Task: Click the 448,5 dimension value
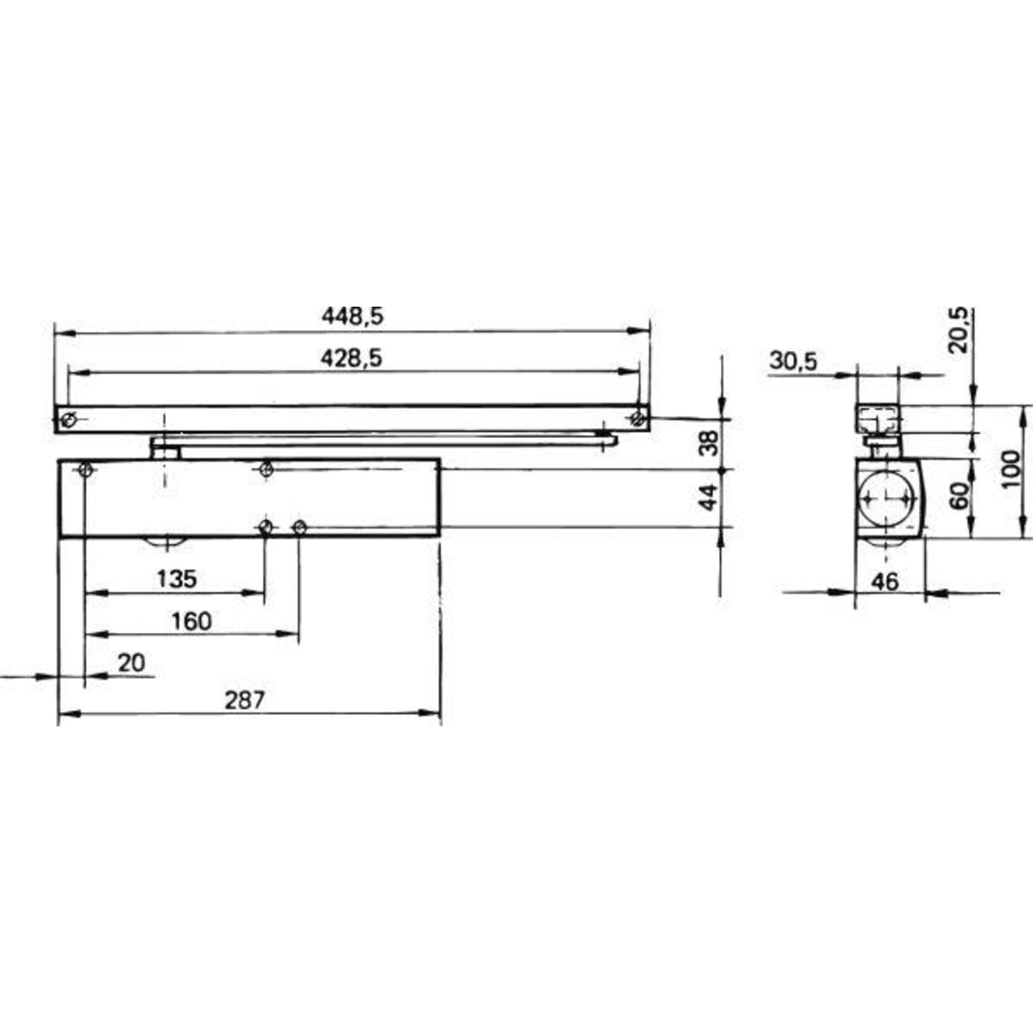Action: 352,316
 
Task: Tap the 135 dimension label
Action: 177,579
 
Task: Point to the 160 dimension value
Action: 192,621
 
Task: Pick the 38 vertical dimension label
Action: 710,443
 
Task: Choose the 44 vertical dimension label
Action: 710,498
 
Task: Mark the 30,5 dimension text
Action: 793,361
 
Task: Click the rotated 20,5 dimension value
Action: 958,329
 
